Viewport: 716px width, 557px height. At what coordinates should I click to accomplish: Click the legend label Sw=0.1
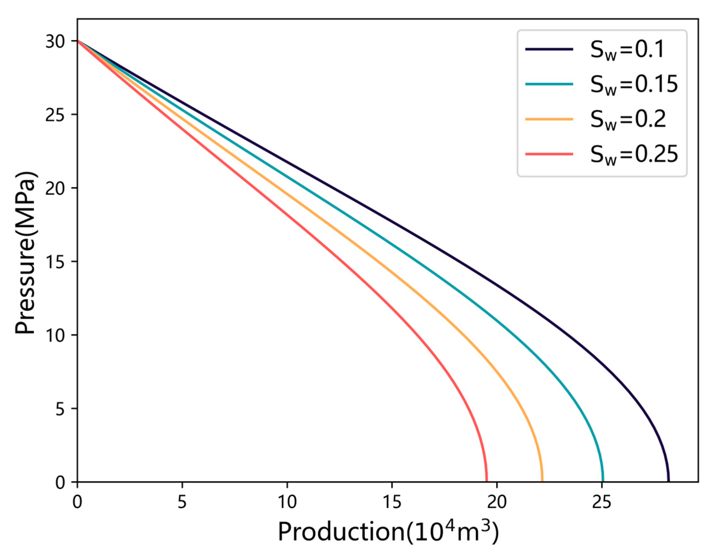coord(627,50)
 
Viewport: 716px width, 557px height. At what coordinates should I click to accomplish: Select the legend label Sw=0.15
coord(634,85)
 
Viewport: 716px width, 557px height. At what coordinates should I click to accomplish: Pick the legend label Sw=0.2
coord(628,120)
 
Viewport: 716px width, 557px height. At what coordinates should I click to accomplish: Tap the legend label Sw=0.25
coord(634,155)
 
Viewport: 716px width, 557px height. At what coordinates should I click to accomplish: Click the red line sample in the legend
coord(549,154)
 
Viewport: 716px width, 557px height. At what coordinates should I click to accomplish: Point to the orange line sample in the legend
coord(549,119)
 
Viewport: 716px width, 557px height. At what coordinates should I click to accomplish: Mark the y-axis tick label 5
coord(60,409)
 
